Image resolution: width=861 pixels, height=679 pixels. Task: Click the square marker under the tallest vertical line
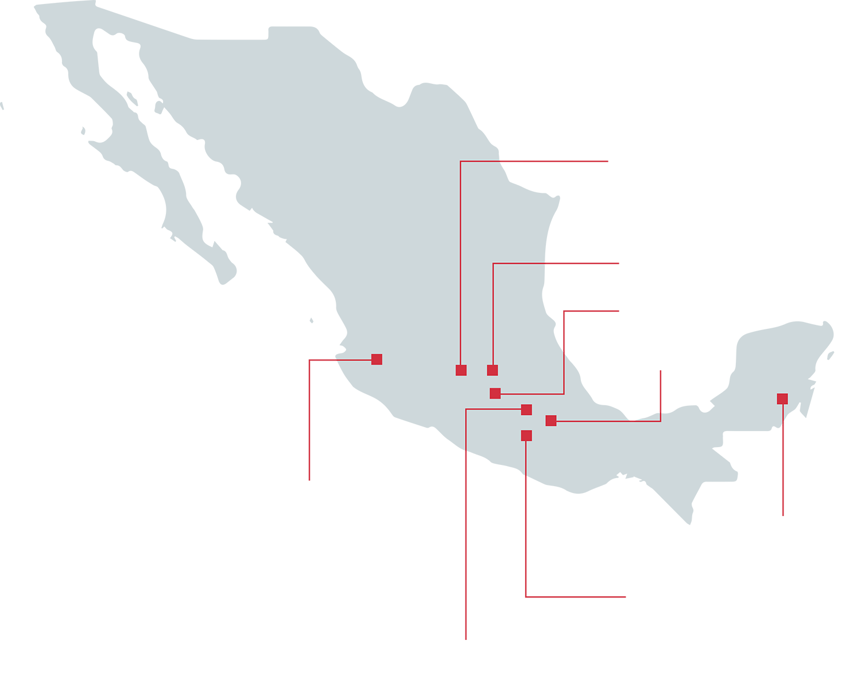click(461, 370)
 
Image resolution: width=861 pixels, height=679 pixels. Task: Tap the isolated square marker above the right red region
click(782, 399)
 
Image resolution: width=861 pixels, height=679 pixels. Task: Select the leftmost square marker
click(377, 359)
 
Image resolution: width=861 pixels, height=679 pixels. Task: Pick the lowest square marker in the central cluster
click(526, 436)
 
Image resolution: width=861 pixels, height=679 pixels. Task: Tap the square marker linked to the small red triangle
click(551, 421)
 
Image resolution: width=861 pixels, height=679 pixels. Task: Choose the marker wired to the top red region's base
click(495, 393)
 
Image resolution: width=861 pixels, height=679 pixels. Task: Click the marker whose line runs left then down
click(526, 410)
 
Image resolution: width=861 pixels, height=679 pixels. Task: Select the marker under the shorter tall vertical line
click(492, 370)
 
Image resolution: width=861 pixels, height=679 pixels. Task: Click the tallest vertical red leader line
click(461, 258)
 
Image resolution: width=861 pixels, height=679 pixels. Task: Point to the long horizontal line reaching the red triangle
click(603, 421)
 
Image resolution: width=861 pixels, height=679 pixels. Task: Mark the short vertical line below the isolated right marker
click(782, 412)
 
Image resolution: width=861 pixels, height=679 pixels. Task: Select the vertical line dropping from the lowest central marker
click(526, 456)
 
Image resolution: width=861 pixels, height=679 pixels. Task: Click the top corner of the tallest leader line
click(461, 161)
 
